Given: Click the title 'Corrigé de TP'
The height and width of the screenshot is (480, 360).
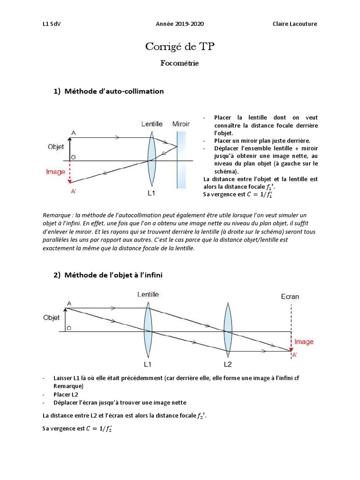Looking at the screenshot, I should coord(180,47).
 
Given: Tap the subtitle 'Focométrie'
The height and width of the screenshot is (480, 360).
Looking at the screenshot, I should coord(180,63).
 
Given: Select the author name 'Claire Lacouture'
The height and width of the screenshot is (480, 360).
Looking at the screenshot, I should coord(295,24).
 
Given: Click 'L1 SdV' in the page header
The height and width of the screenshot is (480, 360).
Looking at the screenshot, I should coord(52,24).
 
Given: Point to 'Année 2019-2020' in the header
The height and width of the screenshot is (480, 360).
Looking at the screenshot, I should coord(180,24).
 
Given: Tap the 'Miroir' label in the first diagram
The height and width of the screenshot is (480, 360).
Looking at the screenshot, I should coord(181,124).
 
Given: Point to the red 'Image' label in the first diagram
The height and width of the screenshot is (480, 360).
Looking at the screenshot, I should coord(55,172).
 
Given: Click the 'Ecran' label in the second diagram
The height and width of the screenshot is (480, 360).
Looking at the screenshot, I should coord(290,296).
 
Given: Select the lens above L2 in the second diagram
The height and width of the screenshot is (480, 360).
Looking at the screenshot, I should coord(228,331).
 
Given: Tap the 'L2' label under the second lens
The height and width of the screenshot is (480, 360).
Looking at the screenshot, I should coord(228,364).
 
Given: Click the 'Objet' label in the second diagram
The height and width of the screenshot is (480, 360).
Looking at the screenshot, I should coord(51,317).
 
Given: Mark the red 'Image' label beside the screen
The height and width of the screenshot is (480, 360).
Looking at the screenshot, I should coord(304,342).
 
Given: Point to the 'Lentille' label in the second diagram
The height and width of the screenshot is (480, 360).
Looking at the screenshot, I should coord(148,294).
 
